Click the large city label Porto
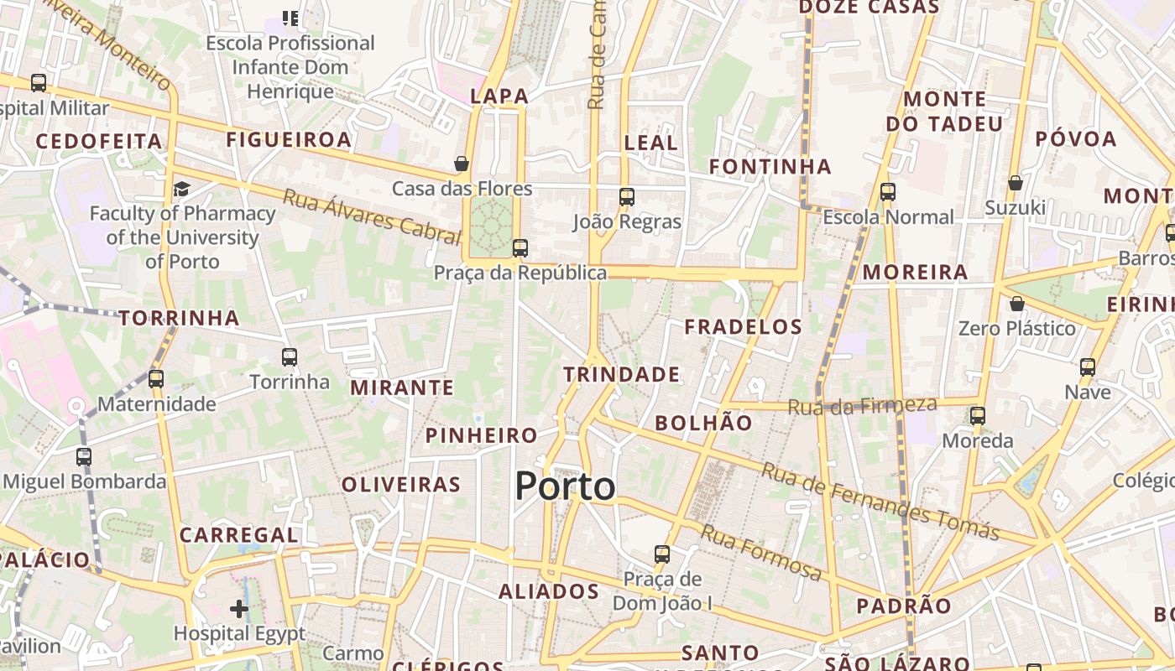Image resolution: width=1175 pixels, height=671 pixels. [565, 486]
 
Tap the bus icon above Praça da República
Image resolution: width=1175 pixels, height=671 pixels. [520, 248]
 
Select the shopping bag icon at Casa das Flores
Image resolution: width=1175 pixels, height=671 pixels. [461, 164]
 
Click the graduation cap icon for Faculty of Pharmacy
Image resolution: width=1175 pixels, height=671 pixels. [181, 189]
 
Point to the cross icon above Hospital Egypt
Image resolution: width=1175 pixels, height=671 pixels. [239, 608]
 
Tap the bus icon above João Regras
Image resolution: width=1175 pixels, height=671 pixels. [626, 197]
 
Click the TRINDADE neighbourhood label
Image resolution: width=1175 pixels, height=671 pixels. [621, 374]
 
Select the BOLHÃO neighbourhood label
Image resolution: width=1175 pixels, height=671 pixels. [703, 423]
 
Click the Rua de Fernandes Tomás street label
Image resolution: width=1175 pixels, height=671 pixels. [880, 501]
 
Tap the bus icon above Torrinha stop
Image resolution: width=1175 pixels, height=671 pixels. [290, 357]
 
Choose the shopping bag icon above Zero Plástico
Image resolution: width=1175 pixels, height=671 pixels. [1016, 303]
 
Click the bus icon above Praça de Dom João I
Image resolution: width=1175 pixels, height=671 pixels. [662, 554]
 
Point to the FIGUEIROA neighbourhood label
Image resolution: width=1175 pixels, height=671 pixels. [288, 139]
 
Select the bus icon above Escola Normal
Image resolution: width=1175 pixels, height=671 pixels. [888, 192]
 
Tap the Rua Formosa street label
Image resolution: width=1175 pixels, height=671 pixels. [761, 553]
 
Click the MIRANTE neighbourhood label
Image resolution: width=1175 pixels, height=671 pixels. [401, 388]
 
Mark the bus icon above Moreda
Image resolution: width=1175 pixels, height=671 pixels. [977, 416]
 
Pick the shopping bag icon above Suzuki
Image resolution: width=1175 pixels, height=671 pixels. [1015, 183]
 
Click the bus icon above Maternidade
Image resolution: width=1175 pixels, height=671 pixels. [156, 379]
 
